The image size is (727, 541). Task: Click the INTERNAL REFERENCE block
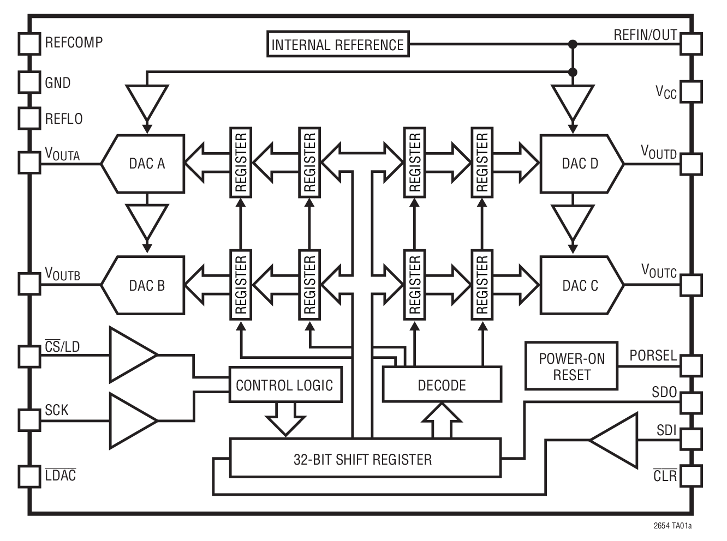[x=338, y=45]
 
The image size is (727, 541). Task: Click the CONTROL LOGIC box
[x=284, y=385]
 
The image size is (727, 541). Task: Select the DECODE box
[x=442, y=385]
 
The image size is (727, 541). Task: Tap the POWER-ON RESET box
[x=571, y=366]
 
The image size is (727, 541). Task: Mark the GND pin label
[x=58, y=83]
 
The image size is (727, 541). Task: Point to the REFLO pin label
[x=64, y=119]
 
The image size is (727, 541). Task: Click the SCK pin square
[x=29, y=420]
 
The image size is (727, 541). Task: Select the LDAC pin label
[x=61, y=476]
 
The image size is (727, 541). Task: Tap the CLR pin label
[x=665, y=476]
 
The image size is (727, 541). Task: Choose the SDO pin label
[x=664, y=392]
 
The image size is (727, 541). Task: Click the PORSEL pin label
[x=653, y=356]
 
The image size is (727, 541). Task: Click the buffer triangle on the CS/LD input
[x=131, y=355]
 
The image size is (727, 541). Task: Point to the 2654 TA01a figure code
[x=672, y=526]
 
